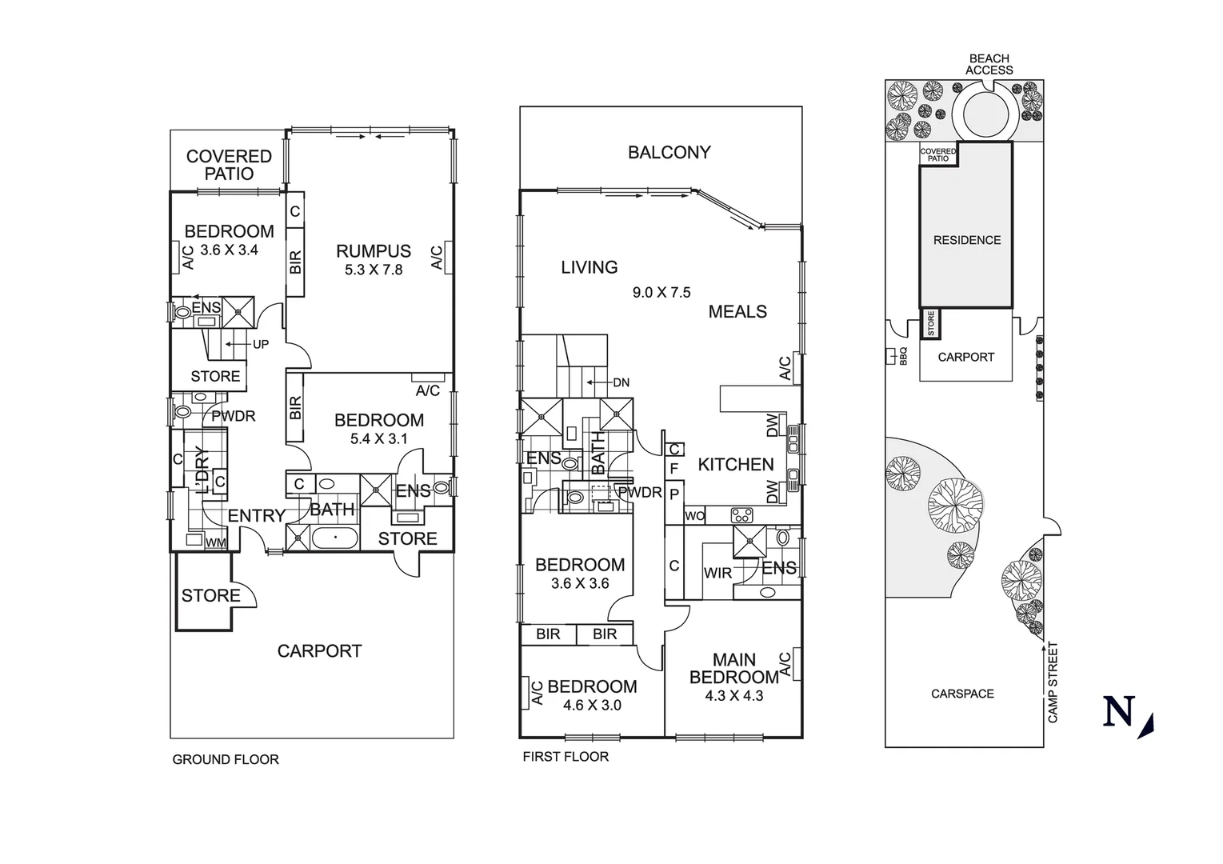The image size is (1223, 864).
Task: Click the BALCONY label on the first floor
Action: [669, 152]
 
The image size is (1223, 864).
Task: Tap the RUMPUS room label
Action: [374, 251]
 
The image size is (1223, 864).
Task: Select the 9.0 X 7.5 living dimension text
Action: [661, 292]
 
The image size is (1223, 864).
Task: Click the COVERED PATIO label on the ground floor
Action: [229, 165]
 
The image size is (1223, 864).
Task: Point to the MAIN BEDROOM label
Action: [734, 669]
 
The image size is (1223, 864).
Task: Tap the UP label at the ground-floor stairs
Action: [261, 345]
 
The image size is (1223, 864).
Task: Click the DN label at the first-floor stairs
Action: [621, 382]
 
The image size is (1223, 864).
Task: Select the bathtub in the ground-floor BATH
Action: [334, 538]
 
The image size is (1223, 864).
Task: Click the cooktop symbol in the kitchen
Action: [742, 514]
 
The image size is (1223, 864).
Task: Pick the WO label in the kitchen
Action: [694, 516]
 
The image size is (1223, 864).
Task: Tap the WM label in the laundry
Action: [216, 543]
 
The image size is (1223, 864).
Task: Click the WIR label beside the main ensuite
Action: [717, 574]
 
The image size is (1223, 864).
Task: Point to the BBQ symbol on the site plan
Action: [891, 357]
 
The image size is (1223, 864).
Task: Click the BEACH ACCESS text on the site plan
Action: [989, 64]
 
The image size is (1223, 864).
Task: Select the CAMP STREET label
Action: [1053, 682]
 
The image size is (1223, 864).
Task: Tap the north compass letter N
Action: [1119, 711]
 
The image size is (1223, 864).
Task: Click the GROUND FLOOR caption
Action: [226, 760]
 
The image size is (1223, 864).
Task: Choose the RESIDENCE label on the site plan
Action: [967, 240]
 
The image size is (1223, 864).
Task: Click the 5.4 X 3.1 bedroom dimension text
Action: [379, 438]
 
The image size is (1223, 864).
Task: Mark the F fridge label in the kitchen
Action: [674, 469]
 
